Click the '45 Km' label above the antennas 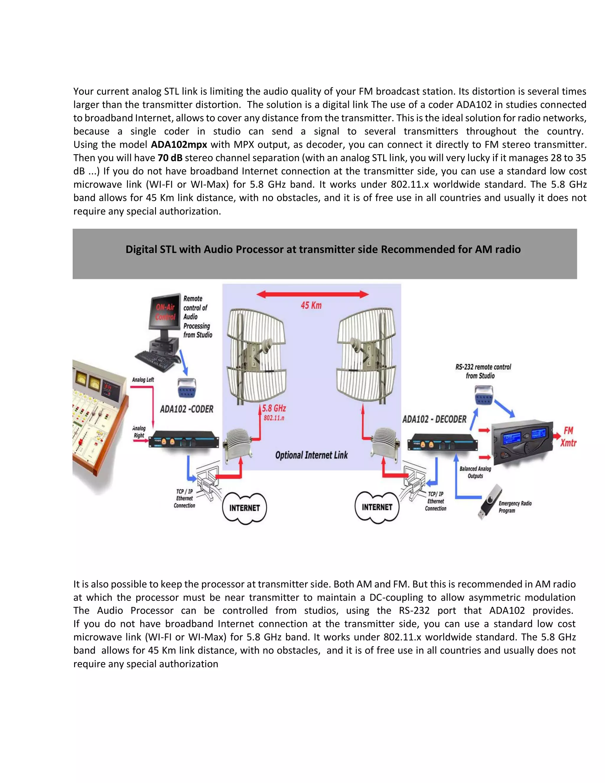tap(311, 306)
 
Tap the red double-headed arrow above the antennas tap(313, 294)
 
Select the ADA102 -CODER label tap(186, 409)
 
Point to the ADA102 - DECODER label tap(434, 419)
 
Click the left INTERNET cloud tap(244, 508)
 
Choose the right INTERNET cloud tap(377, 507)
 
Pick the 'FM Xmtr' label tap(568, 436)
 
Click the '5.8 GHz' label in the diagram tap(274, 408)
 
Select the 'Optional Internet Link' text tap(311, 455)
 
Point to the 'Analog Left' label tap(143, 380)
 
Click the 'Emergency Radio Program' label tap(515, 507)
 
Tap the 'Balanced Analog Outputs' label tap(475, 472)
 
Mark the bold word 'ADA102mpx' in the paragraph tap(179, 144)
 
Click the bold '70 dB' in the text tap(170, 158)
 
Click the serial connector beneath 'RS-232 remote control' tap(484, 394)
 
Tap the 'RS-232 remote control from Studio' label tap(483, 371)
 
